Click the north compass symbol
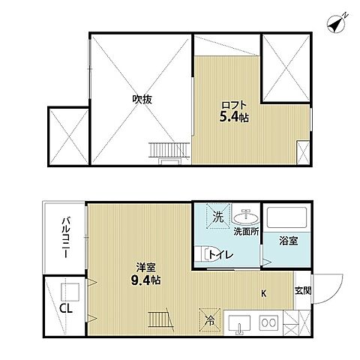click(336, 25)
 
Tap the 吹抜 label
click(142, 100)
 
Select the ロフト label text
click(234, 105)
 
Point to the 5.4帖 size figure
click(234, 117)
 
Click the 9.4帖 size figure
click(145, 280)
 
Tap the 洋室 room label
click(145, 268)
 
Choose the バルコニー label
click(66, 238)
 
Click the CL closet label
click(66, 308)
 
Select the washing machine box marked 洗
click(217, 216)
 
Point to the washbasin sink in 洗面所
click(246, 217)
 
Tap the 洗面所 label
click(246, 232)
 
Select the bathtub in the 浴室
click(286, 217)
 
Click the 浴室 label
click(289, 241)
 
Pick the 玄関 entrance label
click(303, 291)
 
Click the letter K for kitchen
click(263, 294)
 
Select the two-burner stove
click(268, 322)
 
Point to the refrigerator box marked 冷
click(210, 320)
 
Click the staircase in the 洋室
click(160, 319)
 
